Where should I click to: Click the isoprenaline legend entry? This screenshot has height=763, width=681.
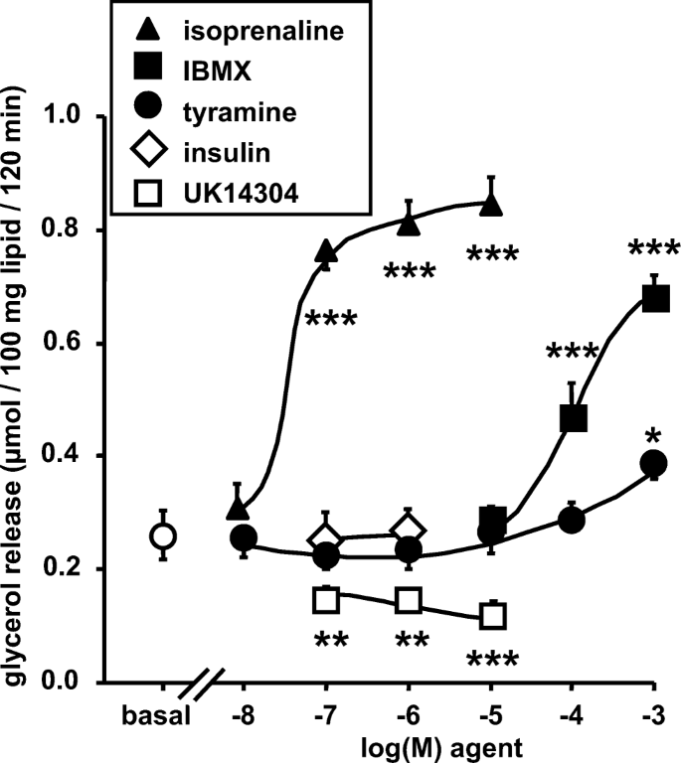tap(239, 30)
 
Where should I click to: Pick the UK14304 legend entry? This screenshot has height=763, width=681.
tap(238, 195)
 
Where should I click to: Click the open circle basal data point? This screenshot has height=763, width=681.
tap(164, 536)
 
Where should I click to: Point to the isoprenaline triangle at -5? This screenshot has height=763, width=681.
tap(491, 205)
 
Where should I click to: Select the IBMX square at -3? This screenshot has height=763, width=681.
tap(655, 298)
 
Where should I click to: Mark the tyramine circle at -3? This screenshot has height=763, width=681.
tap(653, 463)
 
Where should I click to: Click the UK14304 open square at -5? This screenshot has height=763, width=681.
tap(492, 616)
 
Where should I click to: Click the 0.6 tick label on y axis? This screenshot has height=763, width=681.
tap(67, 344)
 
